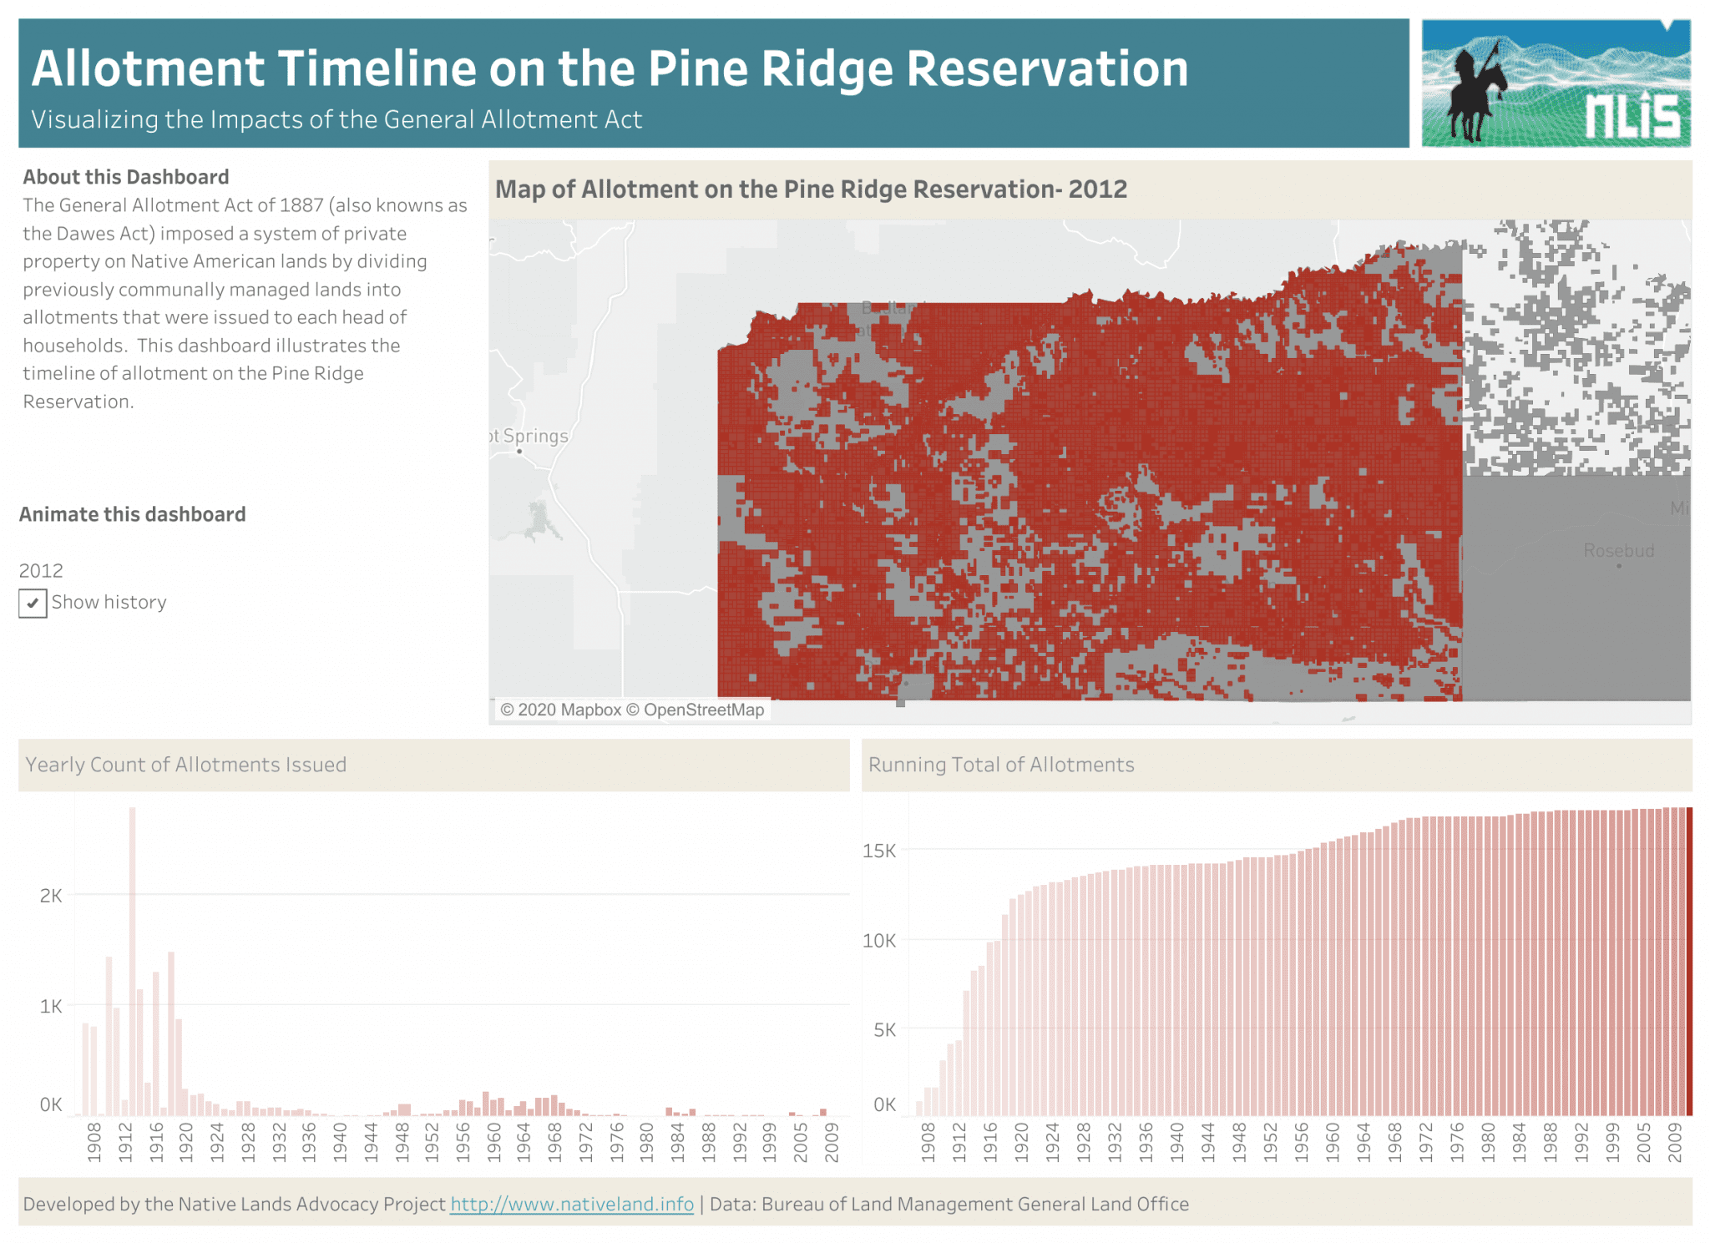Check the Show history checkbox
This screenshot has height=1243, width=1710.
tap(33, 603)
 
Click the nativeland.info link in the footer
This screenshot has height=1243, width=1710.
tap(572, 1204)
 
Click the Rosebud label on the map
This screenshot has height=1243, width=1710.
tap(1618, 551)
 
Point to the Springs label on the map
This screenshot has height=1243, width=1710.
tap(534, 436)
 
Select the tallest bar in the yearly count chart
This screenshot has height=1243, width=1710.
tap(132, 960)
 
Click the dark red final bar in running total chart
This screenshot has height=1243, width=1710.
tap(1689, 960)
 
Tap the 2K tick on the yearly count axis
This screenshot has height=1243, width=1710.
tap(51, 896)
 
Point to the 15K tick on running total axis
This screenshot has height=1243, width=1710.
tap(879, 851)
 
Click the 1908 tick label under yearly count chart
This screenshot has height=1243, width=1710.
tap(94, 1141)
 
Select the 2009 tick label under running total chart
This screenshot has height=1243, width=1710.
tap(1674, 1141)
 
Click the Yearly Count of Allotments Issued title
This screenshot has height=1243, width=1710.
tap(185, 765)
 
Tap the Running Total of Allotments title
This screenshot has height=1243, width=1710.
tap(1001, 765)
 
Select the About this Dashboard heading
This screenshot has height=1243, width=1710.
tap(126, 177)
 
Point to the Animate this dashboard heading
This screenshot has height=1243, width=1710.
tap(133, 514)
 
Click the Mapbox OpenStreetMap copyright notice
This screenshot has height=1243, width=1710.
tap(632, 710)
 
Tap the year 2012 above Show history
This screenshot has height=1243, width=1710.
tap(41, 571)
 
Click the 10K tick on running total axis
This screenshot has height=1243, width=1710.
tap(879, 941)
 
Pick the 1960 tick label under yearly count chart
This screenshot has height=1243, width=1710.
tap(493, 1141)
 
